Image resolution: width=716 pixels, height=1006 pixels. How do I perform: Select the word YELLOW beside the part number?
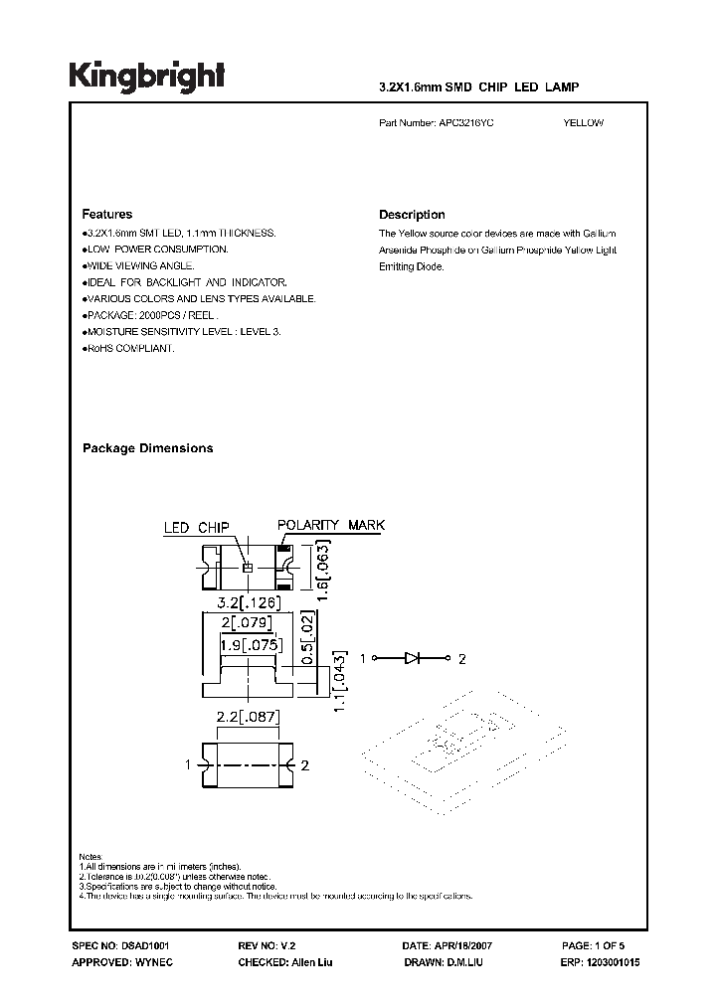[x=583, y=124]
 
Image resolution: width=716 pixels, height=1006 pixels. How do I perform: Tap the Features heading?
[x=106, y=215]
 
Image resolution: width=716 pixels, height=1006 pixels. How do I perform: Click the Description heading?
[x=412, y=215]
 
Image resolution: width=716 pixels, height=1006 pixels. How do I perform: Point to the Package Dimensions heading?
[x=147, y=448]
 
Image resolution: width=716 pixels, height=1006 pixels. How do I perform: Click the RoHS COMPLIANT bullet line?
[x=129, y=349]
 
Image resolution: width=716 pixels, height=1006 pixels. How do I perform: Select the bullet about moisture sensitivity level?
[x=183, y=331]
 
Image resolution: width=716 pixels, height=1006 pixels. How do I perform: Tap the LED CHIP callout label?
[x=197, y=529]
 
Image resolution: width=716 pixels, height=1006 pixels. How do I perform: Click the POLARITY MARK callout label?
[x=330, y=525]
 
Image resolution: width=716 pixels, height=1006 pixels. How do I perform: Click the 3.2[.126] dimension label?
[x=250, y=602]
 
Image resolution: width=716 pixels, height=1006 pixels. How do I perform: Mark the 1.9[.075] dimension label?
[x=251, y=645]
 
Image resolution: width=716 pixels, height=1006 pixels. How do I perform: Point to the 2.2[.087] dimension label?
[x=249, y=717]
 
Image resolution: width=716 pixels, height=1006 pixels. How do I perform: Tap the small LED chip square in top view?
[x=249, y=567]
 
